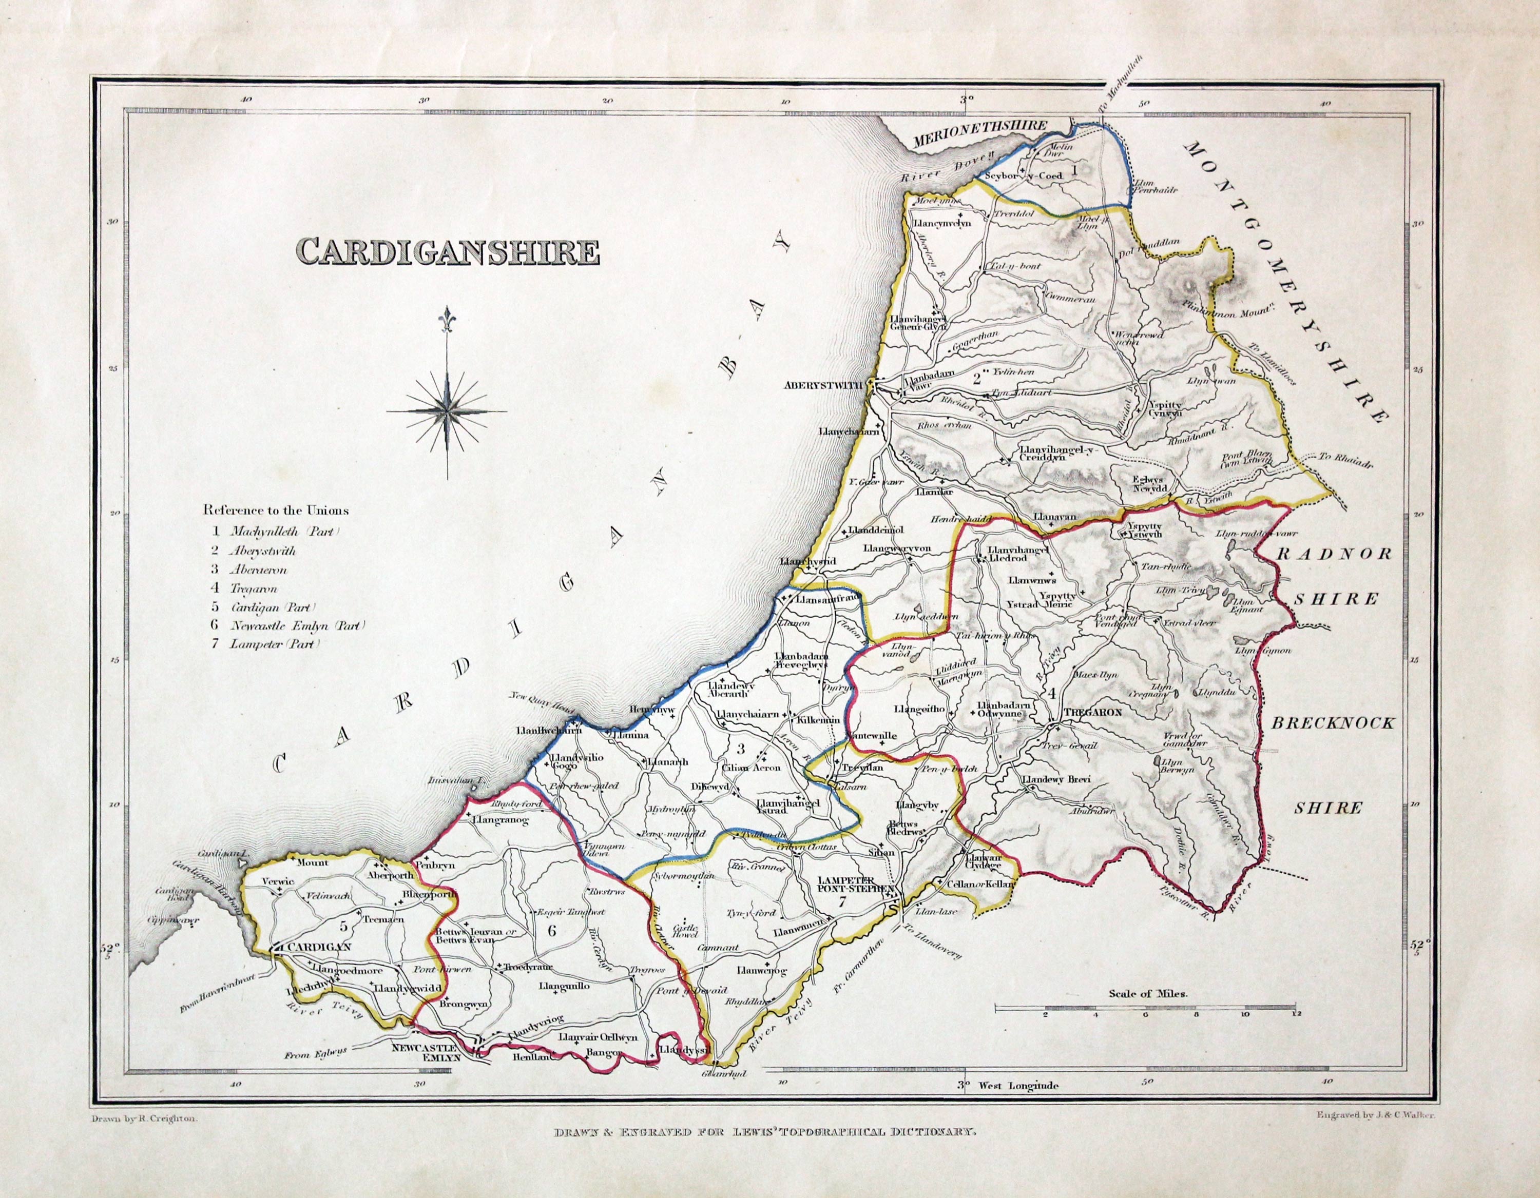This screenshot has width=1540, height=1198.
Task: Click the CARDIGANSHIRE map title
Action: (449, 251)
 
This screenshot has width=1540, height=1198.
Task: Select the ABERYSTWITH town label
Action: (824, 385)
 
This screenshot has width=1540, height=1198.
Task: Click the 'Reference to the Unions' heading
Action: (276, 510)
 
